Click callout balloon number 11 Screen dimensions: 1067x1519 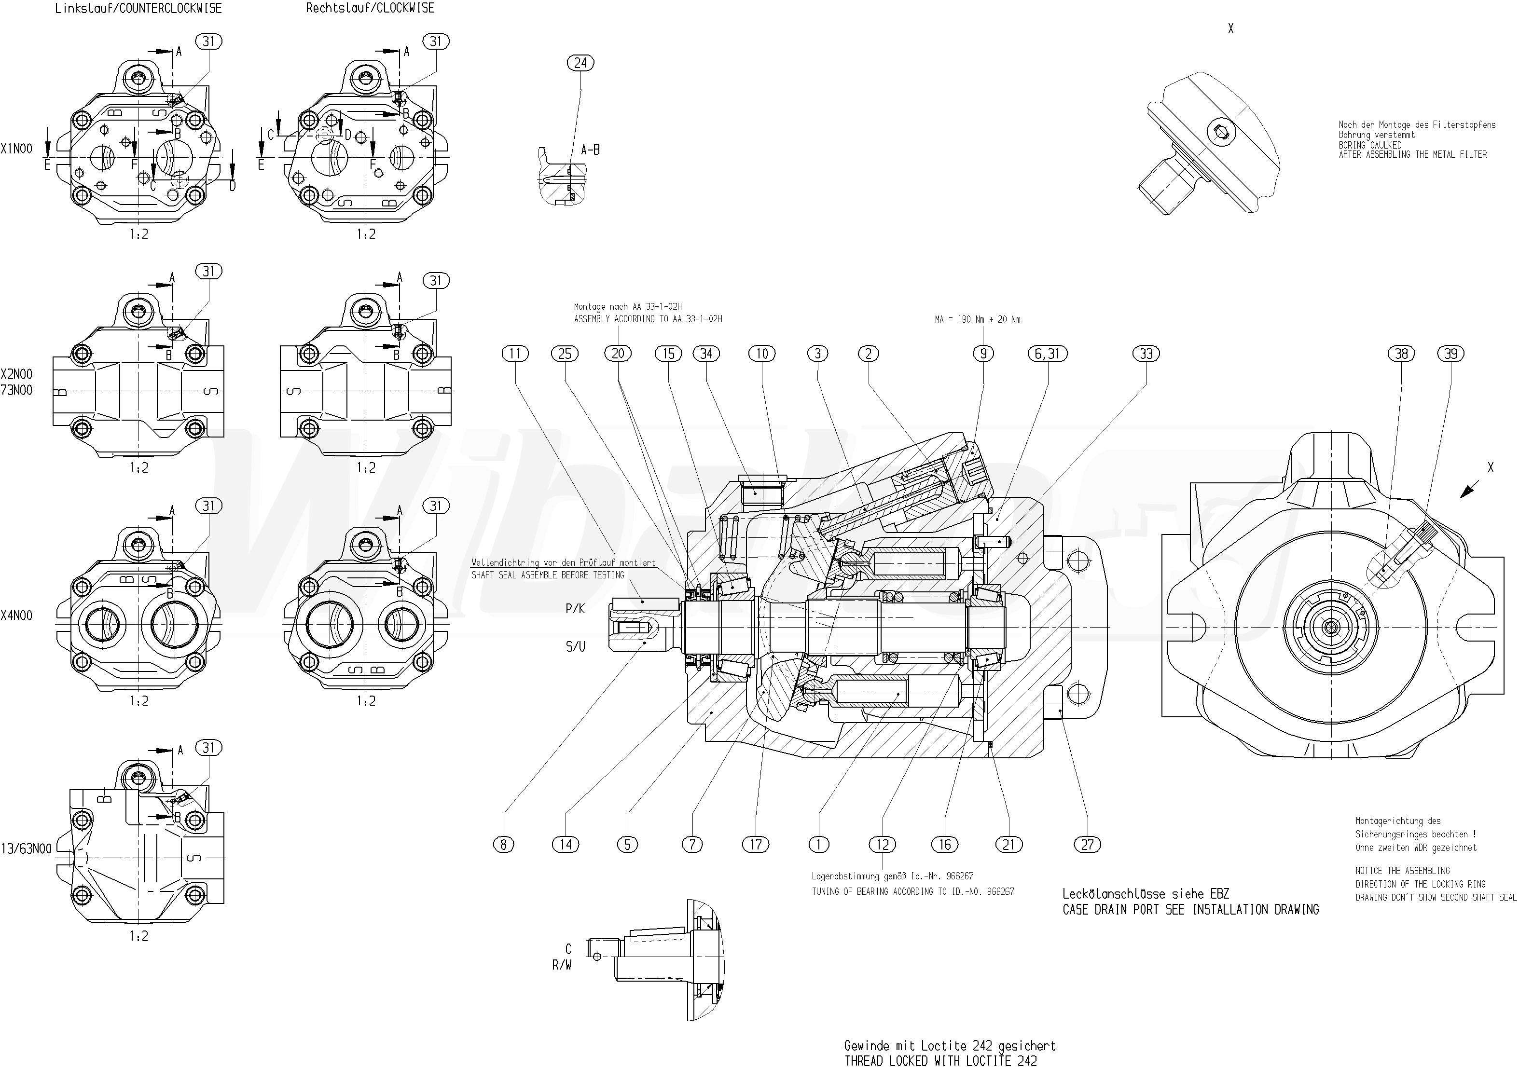(x=515, y=354)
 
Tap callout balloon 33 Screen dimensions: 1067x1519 (x=1146, y=354)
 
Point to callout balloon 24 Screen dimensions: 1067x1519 (x=580, y=63)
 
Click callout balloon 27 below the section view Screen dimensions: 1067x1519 (x=1088, y=844)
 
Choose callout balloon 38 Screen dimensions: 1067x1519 (x=1401, y=354)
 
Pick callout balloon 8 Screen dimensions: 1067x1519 (x=503, y=844)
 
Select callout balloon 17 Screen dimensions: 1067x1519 (x=756, y=844)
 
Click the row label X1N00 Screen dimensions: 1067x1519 (x=16, y=149)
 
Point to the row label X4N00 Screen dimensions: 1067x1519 (x=16, y=615)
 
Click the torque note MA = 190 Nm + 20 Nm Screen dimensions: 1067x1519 (x=977, y=319)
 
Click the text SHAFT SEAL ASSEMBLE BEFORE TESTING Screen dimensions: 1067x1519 (x=548, y=575)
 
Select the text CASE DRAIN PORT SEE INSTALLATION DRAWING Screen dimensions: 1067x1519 (x=1190, y=910)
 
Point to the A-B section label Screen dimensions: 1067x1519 (x=590, y=150)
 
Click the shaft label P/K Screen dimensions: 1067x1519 (x=575, y=609)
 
